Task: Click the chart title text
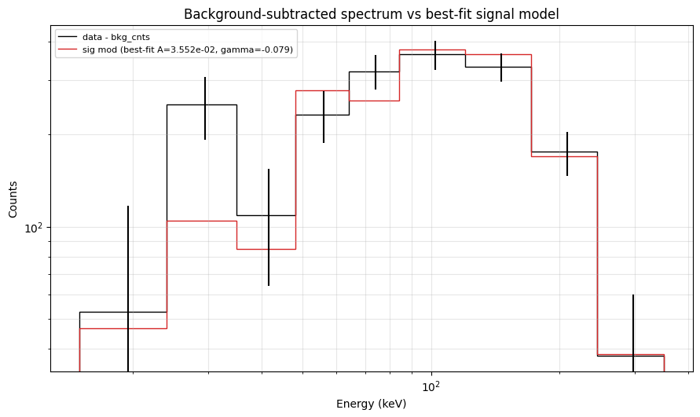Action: tap(371, 14)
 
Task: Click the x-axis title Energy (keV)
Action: tap(371, 404)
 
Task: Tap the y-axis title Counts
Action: tap(13, 199)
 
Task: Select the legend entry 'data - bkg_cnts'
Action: tap(115, 38)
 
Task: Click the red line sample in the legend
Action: tap(68, 49)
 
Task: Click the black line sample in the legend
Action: tap(68, 38)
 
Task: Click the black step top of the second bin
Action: tap(202, 104)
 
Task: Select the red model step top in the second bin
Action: tap(202, 221)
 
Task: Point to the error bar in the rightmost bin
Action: tap(633, 330)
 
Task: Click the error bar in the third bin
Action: tap(269, 228)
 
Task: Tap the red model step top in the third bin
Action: tap(266, 249)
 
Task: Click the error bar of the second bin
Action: tap(205, 108)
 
